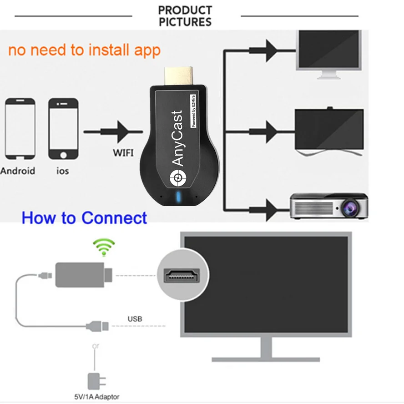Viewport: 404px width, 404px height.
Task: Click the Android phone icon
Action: click(x=20, y=129)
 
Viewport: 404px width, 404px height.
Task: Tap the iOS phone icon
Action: click(x=63, y=129)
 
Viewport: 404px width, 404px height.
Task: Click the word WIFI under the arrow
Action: click(x=123, y=152)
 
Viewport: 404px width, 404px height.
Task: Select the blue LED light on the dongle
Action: click(x=179, y=198)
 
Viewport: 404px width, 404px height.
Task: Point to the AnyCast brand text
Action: click(x=178, y=138)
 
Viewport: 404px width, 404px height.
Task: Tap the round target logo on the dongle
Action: click(x=177, y=178)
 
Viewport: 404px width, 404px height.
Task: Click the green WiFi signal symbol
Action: click(x=104, y=247)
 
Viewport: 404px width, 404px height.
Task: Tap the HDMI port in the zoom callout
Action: click(x=182, y=275)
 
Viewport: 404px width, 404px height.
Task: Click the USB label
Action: click(x=135, y=319)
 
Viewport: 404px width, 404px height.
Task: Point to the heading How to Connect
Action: click(x=85, y=218)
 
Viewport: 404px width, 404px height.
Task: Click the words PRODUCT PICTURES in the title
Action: click(x=185, y=16)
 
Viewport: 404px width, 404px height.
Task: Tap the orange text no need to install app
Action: click(x=85, y=50)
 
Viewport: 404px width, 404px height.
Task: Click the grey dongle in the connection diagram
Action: click(x=80, y=275)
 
